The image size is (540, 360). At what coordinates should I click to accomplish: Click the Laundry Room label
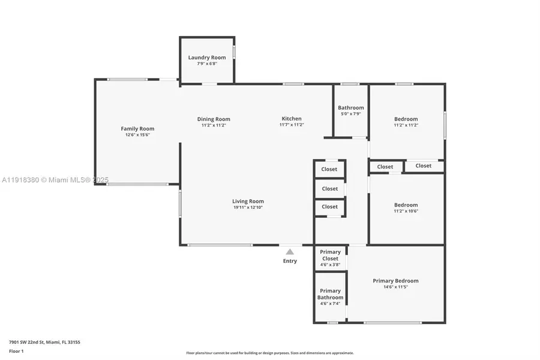207,58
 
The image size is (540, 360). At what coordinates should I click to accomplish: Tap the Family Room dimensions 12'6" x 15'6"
137,135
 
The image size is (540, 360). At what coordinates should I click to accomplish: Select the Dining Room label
214,119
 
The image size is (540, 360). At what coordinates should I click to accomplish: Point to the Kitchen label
292,118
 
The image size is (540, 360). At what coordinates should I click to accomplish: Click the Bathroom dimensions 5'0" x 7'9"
350,114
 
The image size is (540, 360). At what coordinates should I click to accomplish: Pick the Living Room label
248,201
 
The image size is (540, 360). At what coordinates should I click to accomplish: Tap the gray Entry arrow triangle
290,252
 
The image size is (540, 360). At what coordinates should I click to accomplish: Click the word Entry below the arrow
290,261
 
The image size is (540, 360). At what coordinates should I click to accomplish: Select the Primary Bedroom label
395,281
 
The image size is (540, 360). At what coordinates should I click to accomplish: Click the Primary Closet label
330,255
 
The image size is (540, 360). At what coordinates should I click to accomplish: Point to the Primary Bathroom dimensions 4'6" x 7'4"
330,304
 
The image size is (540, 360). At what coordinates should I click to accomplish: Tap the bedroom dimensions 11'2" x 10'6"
406,211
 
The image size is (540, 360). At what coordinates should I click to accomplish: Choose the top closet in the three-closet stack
329,169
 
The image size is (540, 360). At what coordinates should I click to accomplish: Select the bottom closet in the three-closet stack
329,206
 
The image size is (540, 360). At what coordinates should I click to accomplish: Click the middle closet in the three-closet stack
329,188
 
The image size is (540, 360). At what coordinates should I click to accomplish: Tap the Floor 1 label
16,350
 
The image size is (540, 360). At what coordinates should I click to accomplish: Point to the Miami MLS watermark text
55,180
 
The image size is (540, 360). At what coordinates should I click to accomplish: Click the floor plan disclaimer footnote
270,353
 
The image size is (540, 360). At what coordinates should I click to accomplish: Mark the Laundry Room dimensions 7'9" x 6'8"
207,64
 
